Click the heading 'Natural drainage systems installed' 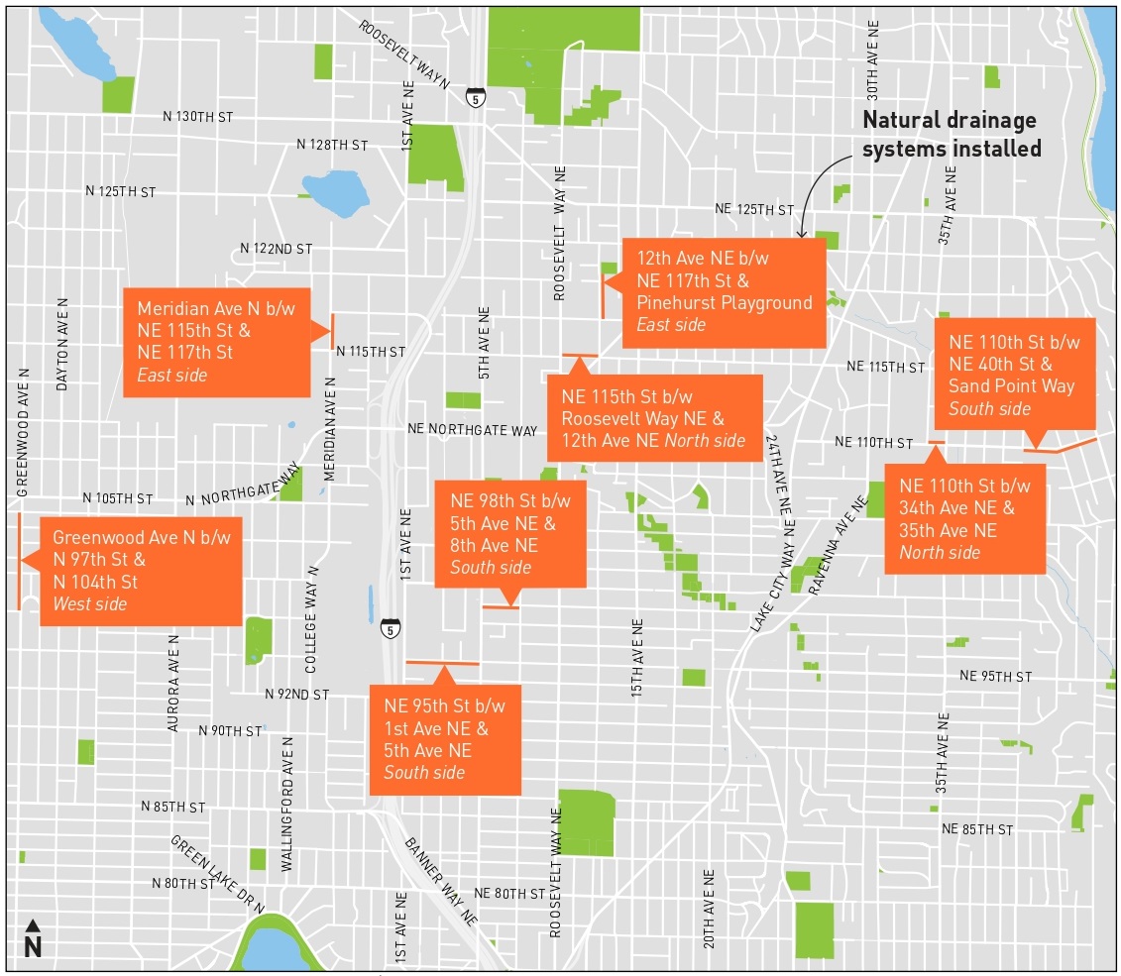951,135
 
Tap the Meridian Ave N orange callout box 216,342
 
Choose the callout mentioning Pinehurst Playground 724,292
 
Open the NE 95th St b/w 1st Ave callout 444,739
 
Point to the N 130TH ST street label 198,117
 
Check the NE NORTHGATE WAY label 473,431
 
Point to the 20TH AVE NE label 709,909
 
